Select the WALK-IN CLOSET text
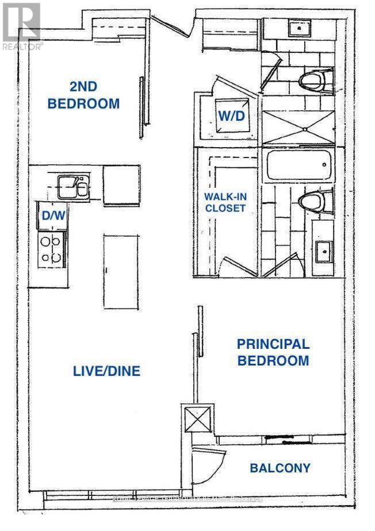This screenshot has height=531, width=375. pos(225,202)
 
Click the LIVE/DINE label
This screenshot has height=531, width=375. pos(106,371)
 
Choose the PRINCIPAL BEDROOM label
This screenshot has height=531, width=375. pos(273,352)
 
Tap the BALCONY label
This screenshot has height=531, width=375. pos(280,468)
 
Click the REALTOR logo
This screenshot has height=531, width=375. pos(20,26)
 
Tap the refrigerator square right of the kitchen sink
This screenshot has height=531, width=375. pos(121,185)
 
